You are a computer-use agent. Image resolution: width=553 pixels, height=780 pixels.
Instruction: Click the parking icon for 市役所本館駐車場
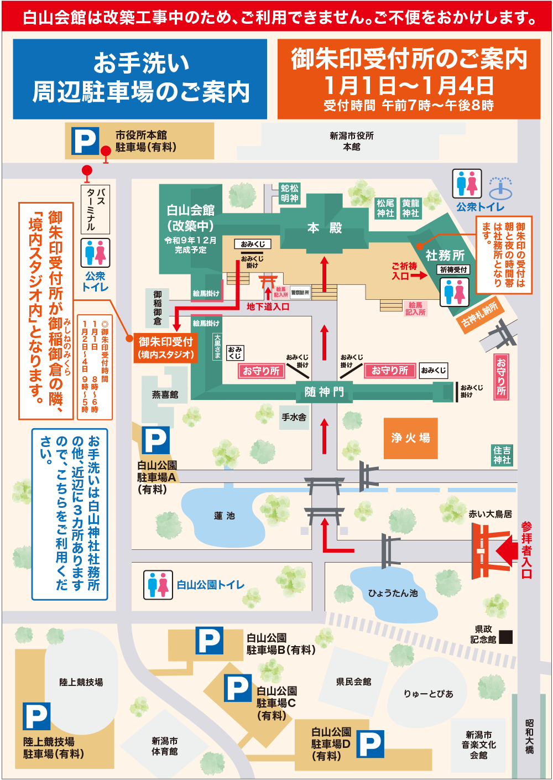click(x=85, y=141)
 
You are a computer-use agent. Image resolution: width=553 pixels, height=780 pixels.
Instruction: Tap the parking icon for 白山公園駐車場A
click(x=156, y=440)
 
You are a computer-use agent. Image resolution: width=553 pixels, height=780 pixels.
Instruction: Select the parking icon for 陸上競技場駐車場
click(x=36, y=716)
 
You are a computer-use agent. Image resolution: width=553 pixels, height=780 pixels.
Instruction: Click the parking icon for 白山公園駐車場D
click(x=370, y=744)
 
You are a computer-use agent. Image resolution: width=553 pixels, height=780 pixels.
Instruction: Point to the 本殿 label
click(x=325, y=228)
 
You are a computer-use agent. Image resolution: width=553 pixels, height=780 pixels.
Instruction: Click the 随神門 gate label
click(x=324, y=392)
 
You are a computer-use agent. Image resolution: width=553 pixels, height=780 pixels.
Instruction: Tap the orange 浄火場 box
click(x=410, y=438)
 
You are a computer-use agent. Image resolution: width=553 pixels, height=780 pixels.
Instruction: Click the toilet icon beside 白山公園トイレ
click(x=158, y=585)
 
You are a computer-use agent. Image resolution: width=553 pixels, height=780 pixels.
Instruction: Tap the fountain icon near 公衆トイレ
click(x=500, y=188)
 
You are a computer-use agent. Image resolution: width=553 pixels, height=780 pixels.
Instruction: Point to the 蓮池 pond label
click(x=224, y=516)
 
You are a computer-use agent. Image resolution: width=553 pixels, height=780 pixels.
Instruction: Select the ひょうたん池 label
click(x=393, y=593)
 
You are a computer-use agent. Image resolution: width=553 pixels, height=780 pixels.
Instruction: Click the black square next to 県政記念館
click(x=506, y=637)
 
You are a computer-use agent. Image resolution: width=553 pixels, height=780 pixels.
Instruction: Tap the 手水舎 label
click(x=294, y=417)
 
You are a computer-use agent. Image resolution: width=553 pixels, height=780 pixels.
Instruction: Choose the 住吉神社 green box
click(x=502, y=455)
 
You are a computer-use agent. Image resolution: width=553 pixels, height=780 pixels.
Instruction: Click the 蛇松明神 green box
click(x=289, y=194)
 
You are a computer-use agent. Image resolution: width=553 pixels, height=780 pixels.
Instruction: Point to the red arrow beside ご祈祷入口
click(x=419, y=275)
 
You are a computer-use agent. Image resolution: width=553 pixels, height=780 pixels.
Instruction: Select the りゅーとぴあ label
click(x=428, y=694)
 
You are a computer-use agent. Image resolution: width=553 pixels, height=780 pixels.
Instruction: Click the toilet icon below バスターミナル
click(x=95, y=253)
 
